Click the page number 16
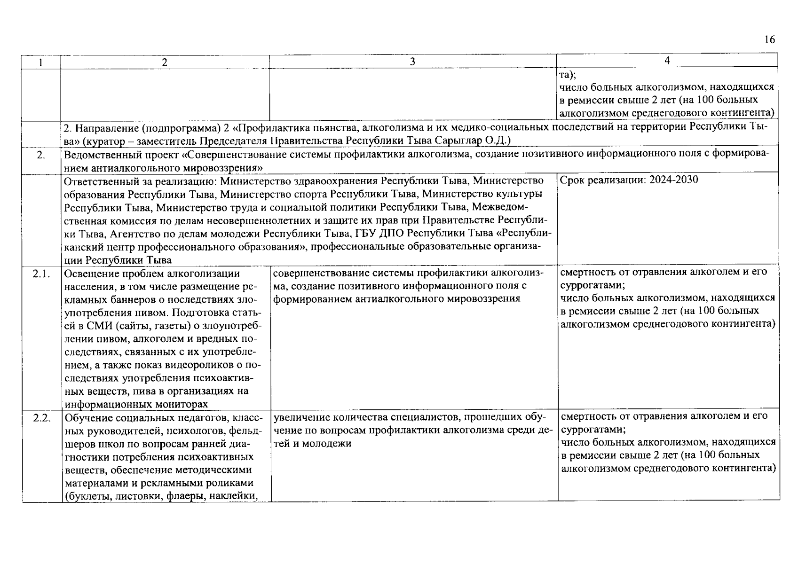[x=769, y=39]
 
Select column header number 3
[x=412, y=62]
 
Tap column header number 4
[x=667, y=61]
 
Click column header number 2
[x=164, y=62]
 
